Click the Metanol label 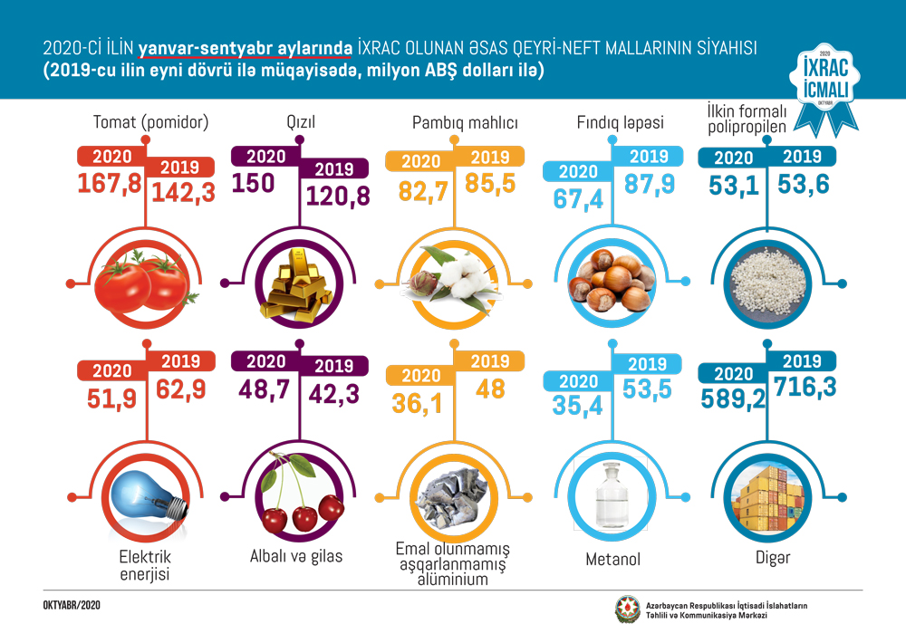(x=613, y=560)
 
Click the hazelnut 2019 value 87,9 (x=650, y=183)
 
